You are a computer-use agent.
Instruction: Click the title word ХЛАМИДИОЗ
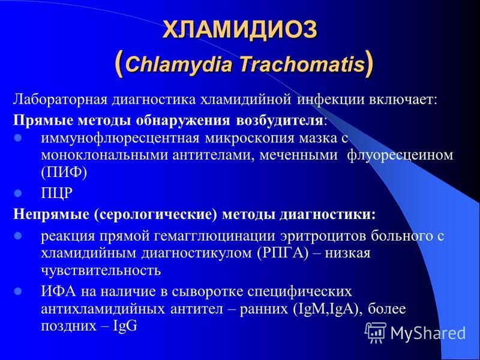239,29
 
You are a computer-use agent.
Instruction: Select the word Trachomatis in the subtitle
302,65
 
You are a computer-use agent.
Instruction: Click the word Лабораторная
59,100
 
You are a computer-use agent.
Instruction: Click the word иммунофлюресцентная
120,139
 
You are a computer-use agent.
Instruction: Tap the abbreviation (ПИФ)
64,173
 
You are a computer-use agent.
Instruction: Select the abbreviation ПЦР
57,194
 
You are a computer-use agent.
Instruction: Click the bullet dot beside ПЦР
18,193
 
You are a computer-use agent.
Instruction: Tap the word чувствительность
101,271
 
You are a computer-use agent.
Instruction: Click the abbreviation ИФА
58,292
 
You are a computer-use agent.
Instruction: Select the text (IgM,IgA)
325,309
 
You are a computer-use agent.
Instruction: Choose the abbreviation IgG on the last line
125,326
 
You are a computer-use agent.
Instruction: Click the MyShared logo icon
377,333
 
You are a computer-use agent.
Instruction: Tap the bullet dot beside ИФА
18,291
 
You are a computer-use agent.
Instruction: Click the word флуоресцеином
400,155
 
